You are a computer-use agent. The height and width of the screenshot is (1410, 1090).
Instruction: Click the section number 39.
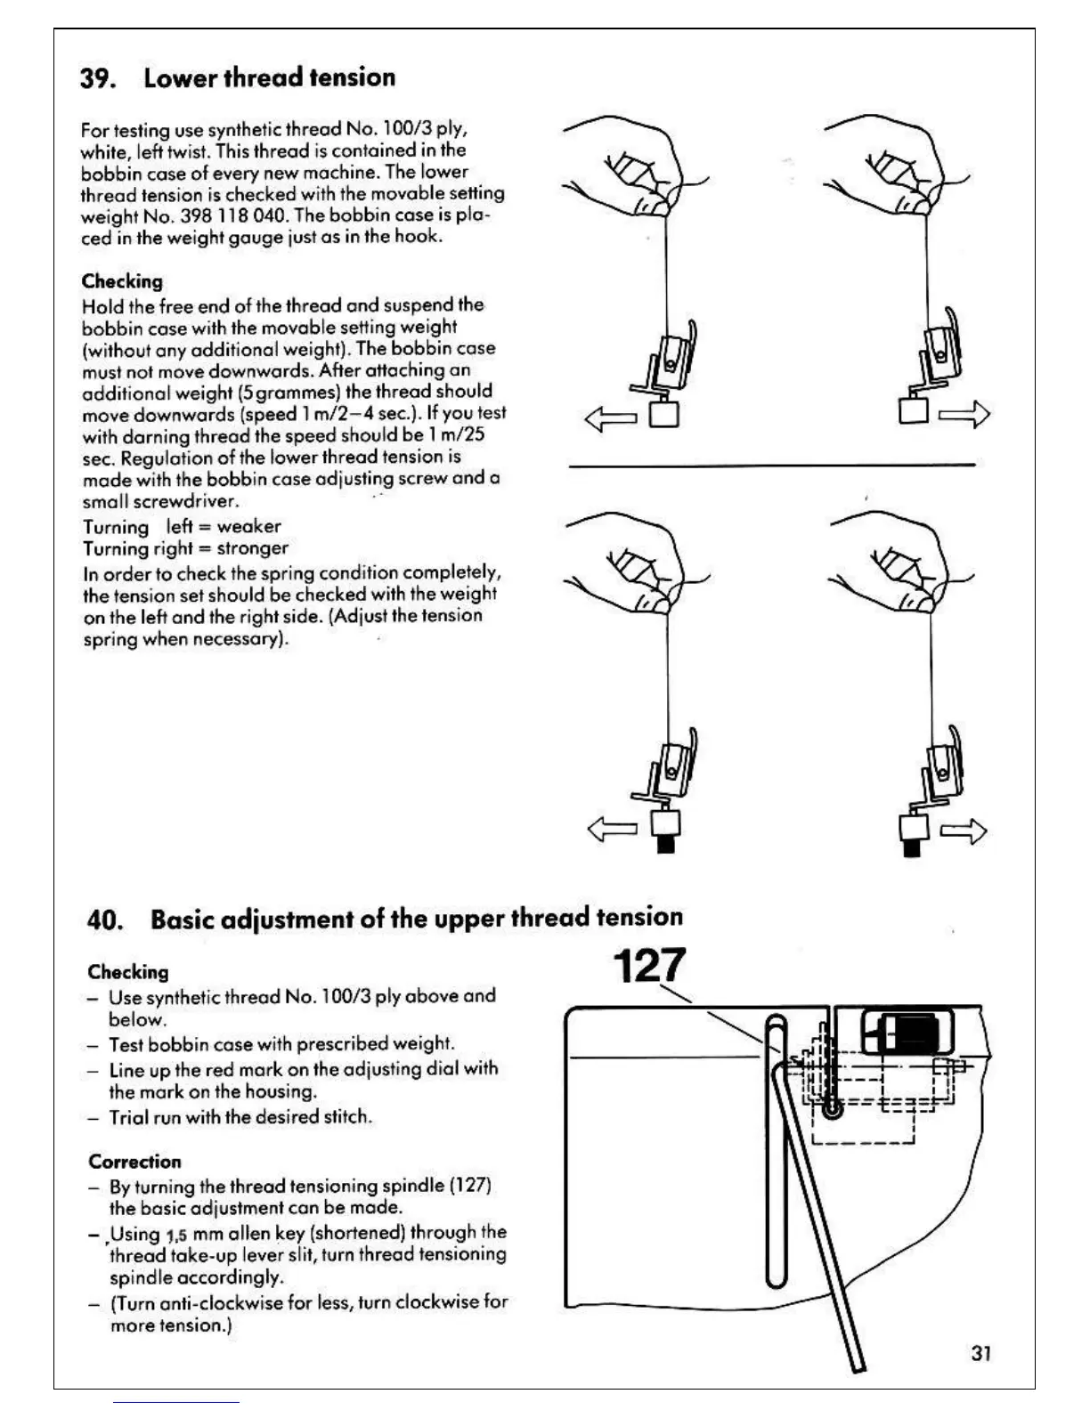(97, 78)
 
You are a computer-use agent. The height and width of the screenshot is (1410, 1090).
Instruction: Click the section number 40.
(105, 920)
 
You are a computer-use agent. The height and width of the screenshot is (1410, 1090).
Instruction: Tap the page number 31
(981, 1353)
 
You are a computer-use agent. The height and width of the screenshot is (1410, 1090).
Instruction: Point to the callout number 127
(650, 965)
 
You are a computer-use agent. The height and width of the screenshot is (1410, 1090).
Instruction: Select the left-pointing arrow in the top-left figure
(611, 417)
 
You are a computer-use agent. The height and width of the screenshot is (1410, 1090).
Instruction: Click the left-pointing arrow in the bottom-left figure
(613, 830)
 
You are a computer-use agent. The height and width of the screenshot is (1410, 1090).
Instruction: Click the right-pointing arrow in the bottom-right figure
(963, 831)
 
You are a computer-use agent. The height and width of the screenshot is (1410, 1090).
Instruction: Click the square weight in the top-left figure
(664, 414)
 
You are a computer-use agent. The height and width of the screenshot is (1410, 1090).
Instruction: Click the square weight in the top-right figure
(914, 410)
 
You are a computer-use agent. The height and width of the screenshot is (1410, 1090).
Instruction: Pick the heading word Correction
(134, 1162)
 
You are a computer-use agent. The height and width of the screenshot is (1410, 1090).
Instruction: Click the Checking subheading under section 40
(128, 972)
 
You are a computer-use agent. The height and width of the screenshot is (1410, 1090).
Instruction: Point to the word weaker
(248, 526)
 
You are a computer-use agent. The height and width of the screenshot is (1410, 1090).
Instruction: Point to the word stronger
(252, 548)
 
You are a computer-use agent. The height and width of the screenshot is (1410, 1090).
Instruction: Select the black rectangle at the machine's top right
(909, 1033)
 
